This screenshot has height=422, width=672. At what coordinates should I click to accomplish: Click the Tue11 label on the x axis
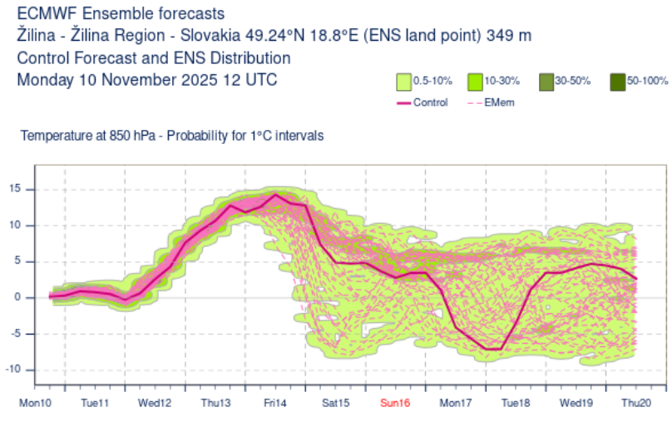click(x=95, y=404)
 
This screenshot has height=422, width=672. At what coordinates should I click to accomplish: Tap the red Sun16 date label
click(x=394, y=404)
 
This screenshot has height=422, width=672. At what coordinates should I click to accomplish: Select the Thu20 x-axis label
click(x=635, y=404)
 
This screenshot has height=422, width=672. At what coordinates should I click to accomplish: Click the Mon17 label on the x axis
click(x=455, y=404)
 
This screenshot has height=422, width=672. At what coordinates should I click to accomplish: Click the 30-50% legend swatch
click(x=546, y=82)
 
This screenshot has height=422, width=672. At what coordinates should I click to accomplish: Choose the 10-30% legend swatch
click(x=475, y=82)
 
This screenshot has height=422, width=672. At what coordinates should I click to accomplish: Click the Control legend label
click(x=429, y=102)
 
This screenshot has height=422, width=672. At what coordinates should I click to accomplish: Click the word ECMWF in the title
click(x=47, y=14)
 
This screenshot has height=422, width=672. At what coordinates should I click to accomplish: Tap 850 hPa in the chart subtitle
click(x=135, y=136)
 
